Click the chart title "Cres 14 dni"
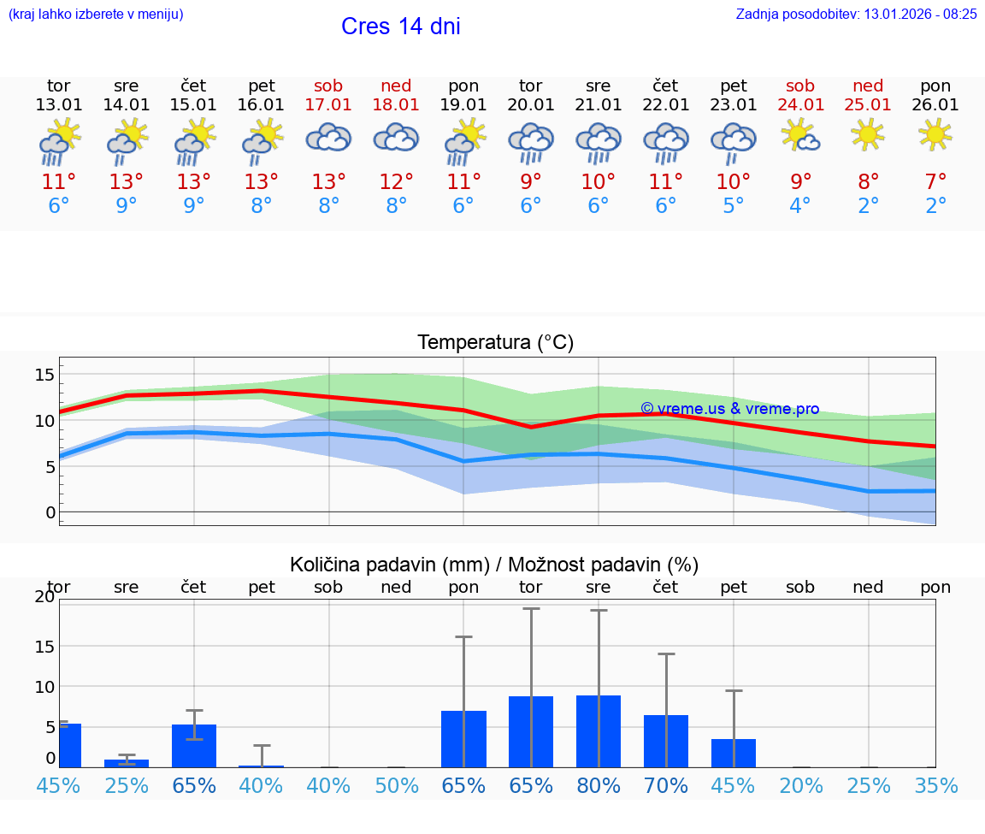click(400, 27)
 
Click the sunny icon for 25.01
click(868, 134)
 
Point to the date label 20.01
click(531, 104)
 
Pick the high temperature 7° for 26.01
click(935, 181)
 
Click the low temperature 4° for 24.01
click(800, 206)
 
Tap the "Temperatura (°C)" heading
click(495, 343)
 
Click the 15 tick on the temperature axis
click(44, 375)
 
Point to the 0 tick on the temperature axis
click(50, 512)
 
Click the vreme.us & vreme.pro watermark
click(729, 409)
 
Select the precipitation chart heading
click(494, 565)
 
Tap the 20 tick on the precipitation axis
click(44, 597)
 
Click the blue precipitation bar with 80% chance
click(599, 731)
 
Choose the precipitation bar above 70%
click(666, 741)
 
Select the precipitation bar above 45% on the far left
click(70, 745)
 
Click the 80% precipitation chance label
click(599, 785)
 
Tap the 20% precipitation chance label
click(800, 785)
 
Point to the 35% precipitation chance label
click(935, 785)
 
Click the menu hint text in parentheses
click(96, 14)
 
